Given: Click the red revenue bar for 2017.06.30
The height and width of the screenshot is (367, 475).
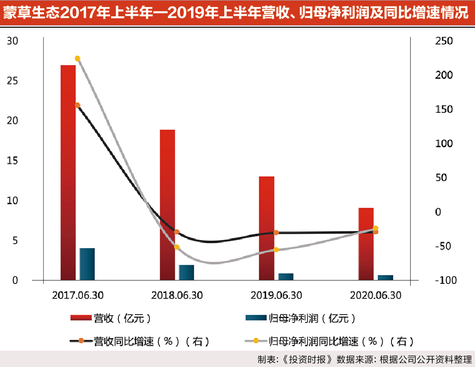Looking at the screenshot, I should pyautogui.click(x=68, y=173).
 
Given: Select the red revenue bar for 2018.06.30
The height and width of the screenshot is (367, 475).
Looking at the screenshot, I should pyautogui.click(x=167, y=205).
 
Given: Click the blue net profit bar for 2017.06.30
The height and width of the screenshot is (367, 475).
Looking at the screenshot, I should pyautogui.click(x=87, y=264).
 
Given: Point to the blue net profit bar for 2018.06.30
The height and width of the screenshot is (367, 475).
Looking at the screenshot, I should pyautogui.click(x=186, y=273).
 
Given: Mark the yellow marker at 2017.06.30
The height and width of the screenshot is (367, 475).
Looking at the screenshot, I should pyautogui.click(x=78, y=58).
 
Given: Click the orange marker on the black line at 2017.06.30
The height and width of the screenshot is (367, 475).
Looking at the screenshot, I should pyautogui.click(x=78, y=105).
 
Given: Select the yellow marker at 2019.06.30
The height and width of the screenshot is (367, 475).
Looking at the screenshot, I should pyautogui.click(x=276, y=250).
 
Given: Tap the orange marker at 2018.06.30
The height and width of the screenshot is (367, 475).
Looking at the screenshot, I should pyautogui.click(x=177, y=232).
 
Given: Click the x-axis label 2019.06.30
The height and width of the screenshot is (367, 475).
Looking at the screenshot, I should pyautogui.click(x=276, y=295).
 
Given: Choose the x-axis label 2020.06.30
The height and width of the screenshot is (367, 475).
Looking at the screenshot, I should pyautogui.click(x=375, y=295).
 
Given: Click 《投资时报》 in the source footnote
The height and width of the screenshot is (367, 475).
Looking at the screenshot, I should pyautogui.click(x=307, y=359).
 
